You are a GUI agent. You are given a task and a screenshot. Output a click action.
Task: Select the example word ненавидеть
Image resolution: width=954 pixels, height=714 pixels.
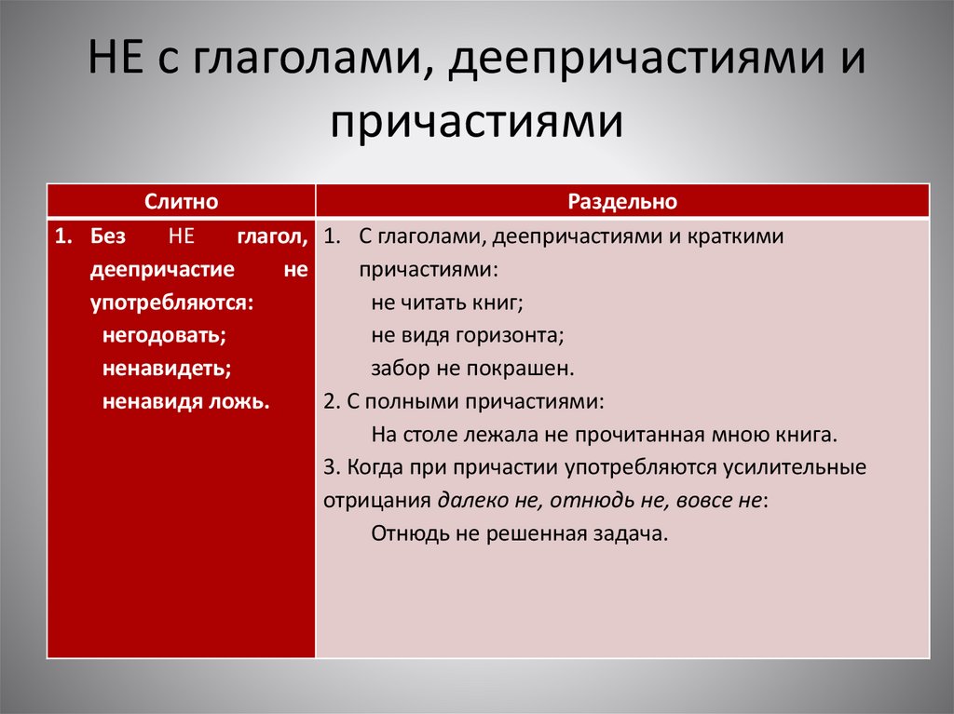(x=167, y=368)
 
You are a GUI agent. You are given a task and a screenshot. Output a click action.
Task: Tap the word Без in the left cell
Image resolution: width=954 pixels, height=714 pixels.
(x=107, y=236)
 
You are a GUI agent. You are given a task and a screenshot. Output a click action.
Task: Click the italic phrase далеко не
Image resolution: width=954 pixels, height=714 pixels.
(x=487, y=500)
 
